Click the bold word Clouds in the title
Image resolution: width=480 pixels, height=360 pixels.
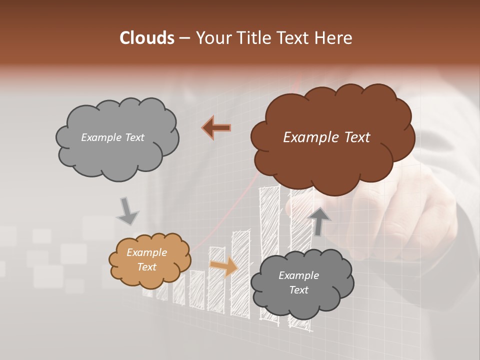coord(146,38)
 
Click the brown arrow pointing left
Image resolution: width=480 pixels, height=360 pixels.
coord(216,128)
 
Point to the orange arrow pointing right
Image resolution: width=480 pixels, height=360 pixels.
coord(223,266)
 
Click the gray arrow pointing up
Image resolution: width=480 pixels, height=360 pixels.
coord(319,220)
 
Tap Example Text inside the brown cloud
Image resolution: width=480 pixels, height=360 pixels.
coord(326,137)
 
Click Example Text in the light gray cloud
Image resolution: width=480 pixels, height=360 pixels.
coord(112,137)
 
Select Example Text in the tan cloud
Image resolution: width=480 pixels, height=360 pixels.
coord(146,260)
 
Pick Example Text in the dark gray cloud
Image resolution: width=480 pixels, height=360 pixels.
coord(298,282)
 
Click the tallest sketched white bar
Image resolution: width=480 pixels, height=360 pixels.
coord(269,250)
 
